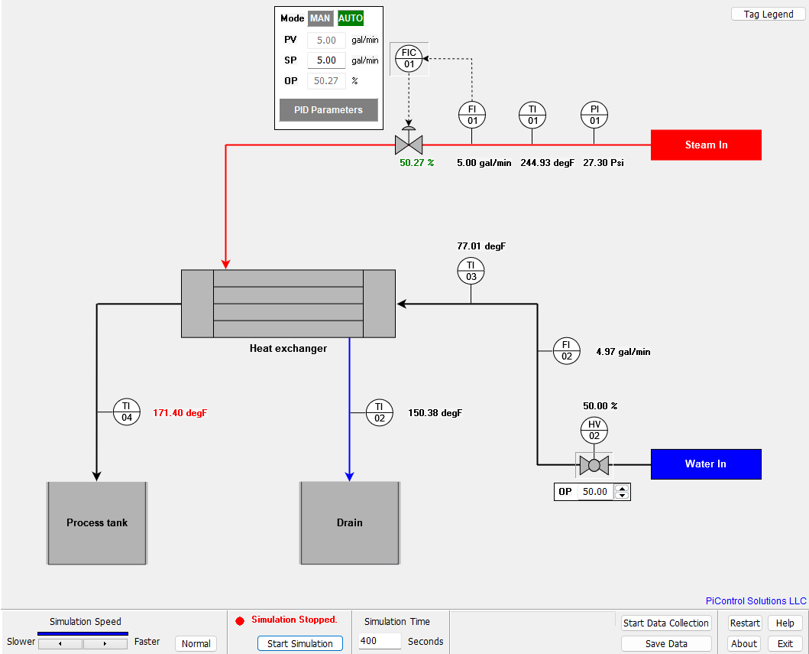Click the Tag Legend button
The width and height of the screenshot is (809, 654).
click(x=768, y=15)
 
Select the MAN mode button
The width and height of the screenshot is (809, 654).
click(x=319, y=18)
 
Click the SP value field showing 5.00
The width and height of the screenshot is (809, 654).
click(x=326, y=60)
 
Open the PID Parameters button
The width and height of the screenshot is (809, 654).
click(x=328, y=110)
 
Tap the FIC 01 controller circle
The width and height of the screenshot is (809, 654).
click(x=409, y=58)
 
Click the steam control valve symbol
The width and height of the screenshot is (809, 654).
click(x=409, y=145)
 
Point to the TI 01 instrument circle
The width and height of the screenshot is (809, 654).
click(x=532, y=115)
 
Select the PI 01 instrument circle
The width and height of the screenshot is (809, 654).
click(x=594, y=115)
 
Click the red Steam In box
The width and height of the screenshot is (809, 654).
click(x=706, y=145)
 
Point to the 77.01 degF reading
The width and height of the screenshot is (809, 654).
click(x=481, y=246)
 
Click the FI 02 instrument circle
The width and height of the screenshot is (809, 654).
click(x=567, y=350)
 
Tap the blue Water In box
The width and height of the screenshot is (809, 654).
click(x=706, y=464)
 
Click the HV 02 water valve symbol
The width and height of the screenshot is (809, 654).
click(x=594, y=464)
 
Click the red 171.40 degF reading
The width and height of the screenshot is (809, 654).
click(x=180, y=413)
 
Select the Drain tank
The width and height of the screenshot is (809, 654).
click(x=350, y=523)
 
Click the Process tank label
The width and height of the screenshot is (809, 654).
click(x=97, y=523)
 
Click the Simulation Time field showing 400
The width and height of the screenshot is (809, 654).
click(x=380, y=641)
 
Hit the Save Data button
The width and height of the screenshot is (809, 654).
click(x=666, y=644)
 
